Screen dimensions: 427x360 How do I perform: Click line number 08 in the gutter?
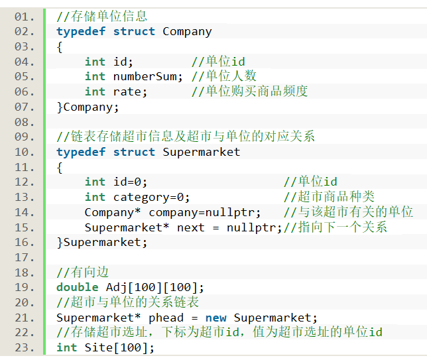(x=25, y=122)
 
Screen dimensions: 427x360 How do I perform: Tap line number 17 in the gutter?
(x=25, y=257)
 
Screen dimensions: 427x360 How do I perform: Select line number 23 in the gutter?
(x=25, y=348)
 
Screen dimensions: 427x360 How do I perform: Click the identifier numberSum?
(x=145, y=76)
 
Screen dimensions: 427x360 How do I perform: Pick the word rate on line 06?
(x=127, y=91)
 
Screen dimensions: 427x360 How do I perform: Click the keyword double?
(x=78, y=287)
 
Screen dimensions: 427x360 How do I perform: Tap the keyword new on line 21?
(x=216, y=318)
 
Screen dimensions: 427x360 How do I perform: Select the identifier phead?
(x=166, y=318)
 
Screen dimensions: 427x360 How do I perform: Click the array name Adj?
(x=117, y=288)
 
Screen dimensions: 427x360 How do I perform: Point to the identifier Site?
(x=99, y=348)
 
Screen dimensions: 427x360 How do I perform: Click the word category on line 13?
(x=141, y=198)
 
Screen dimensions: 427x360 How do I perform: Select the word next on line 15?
(x=191, y=227)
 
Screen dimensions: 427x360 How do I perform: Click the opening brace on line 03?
(x=60, y=47)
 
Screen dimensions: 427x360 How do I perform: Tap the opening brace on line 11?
(x=60, y=168)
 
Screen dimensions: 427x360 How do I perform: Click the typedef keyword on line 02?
(x=81, y=32)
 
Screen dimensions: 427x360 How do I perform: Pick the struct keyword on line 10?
(x=134, y=152)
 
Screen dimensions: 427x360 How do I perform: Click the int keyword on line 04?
(x=95, y=62)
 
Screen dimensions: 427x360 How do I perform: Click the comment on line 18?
(x=82, y=272)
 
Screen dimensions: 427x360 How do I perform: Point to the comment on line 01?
(x=102, y=17)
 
